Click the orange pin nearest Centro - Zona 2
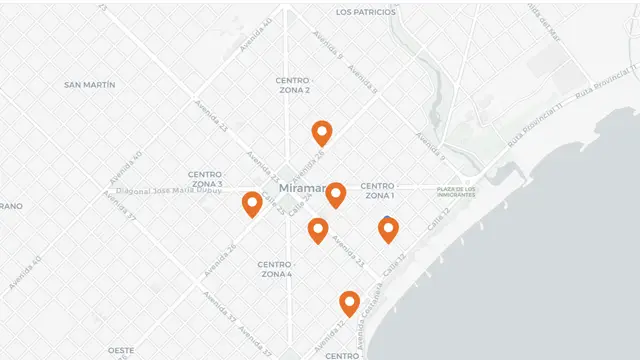click(321, 132)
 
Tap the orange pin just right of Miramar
click(336, 194)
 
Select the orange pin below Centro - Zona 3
click(252, 204)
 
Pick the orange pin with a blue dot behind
click(388, 230)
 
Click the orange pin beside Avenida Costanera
click(349, 302)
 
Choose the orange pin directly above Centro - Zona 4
click(318, 230)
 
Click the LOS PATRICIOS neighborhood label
click(366, 13)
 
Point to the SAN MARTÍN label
click(90, 85)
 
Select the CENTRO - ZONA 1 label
click(378, 190)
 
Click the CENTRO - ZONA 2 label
click(293, 85)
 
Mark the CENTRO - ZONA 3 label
click(207, 179)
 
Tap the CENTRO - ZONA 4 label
click(275, 269)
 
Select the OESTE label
click(121, 350)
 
